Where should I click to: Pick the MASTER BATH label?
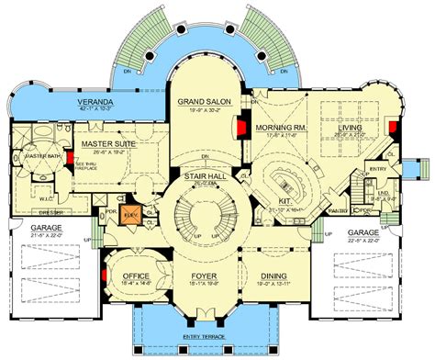(x=40, y=156)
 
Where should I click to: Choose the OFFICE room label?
(x=136, y=276)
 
